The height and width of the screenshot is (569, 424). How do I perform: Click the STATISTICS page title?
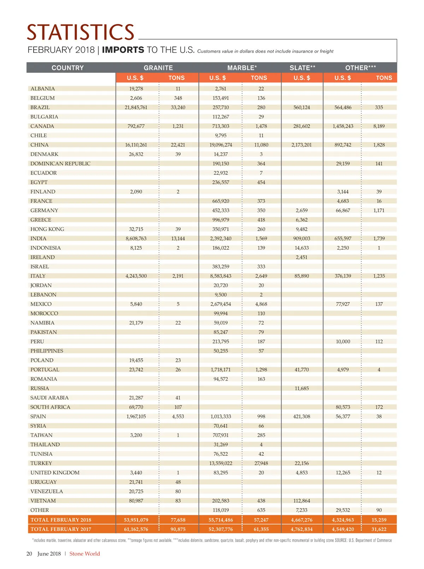[x=81, y=32]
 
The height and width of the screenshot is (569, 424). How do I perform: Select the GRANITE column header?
[x=158, y=68]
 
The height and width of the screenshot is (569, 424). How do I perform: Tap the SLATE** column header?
[x=302, y=68]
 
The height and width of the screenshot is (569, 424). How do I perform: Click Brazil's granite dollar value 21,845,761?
[x=136, y=107]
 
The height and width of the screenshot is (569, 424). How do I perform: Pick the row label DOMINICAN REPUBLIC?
[x=60, y=164]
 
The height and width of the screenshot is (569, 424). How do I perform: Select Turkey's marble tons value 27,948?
[x=261, y=463]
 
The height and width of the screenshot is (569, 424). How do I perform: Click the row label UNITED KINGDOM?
[x=55, y=473]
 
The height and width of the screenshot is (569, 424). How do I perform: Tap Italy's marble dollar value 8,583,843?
[x=220, y=276]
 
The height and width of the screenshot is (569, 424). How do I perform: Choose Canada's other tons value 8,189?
[x=379, y=126]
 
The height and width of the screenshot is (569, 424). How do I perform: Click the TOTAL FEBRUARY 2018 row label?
[x=61, y=520]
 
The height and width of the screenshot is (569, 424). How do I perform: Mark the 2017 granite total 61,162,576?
[x=136, y=529]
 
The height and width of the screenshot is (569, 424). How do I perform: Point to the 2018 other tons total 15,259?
[x=379, y=520]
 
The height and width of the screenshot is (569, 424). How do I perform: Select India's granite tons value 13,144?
[x=178, y=239]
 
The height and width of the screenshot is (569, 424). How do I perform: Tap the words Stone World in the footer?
[x=84, y=554]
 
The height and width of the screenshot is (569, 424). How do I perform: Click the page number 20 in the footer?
[x=29, y=554]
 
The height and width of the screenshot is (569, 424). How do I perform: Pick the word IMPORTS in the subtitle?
[x=123, y=50]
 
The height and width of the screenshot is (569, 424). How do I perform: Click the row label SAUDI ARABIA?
[x=49, y=398]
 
